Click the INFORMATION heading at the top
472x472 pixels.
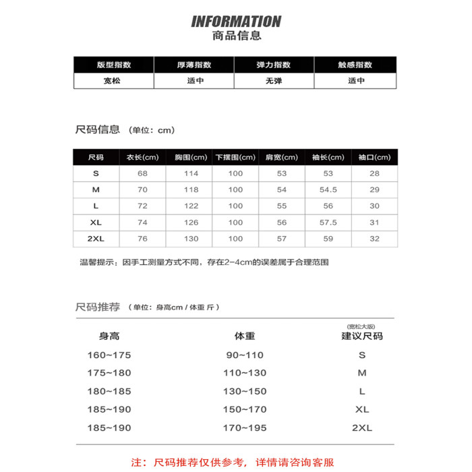tap(236, 22)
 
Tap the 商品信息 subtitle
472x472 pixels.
tap(236, 36)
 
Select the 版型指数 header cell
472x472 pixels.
tap(114, 65)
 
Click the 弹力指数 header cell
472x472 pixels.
tap(274, 65)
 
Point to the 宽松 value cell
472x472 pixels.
tap(114, 80)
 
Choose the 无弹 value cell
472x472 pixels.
tap(274, 80)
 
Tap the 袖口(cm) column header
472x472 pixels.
tap(374, 157)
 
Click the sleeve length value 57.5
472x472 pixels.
tap(328, 222)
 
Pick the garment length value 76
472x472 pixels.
tap(142, 239)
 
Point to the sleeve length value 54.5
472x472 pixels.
tap(328, 189)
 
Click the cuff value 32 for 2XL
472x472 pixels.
tap(374, 239)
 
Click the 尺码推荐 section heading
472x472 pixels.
tap(98, 307)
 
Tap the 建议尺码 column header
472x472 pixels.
tap(361, 335)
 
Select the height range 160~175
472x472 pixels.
tap(109, 355)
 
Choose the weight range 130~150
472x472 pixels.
tap(245, 391)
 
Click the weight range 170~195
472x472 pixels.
tap(245, 427)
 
